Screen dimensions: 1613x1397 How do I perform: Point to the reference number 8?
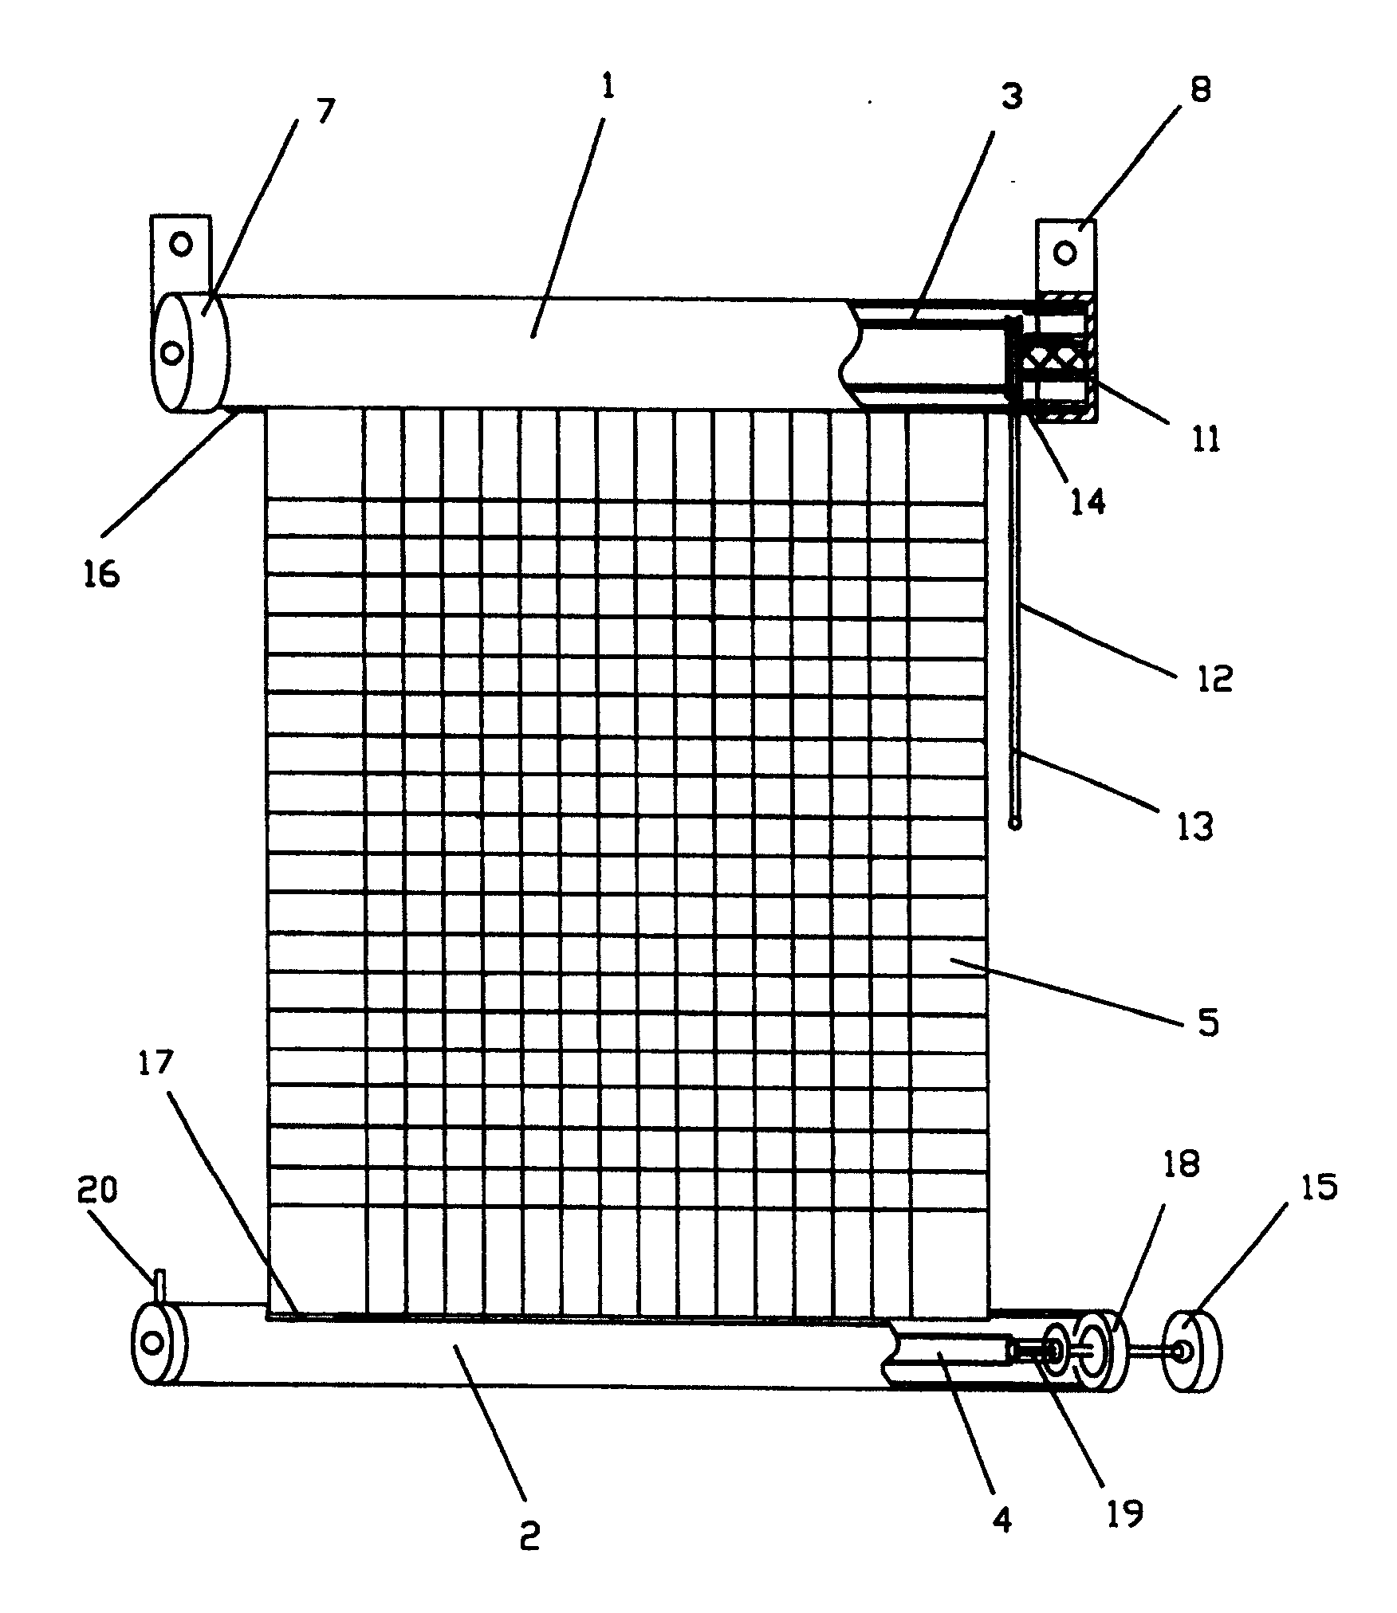(1201, 89)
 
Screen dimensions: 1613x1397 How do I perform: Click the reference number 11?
(1206, 439)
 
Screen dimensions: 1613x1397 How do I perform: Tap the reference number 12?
(1214, 678)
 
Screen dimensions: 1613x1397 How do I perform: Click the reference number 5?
(1208, 1022)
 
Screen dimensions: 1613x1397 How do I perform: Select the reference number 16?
(101, 572)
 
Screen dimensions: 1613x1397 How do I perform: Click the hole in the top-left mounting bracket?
(181, 243)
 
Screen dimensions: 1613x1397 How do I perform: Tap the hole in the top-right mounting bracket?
(1065, 254)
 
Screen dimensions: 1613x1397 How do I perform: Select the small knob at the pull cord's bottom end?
(1015, 822)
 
